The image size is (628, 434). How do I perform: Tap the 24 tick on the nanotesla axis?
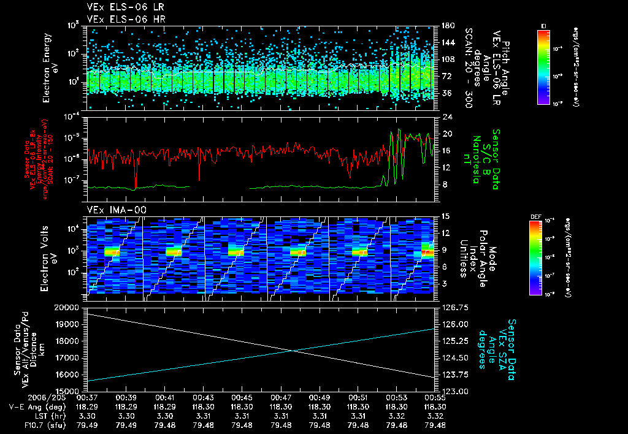(446, 116)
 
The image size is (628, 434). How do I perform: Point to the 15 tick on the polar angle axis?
(445, 216)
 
